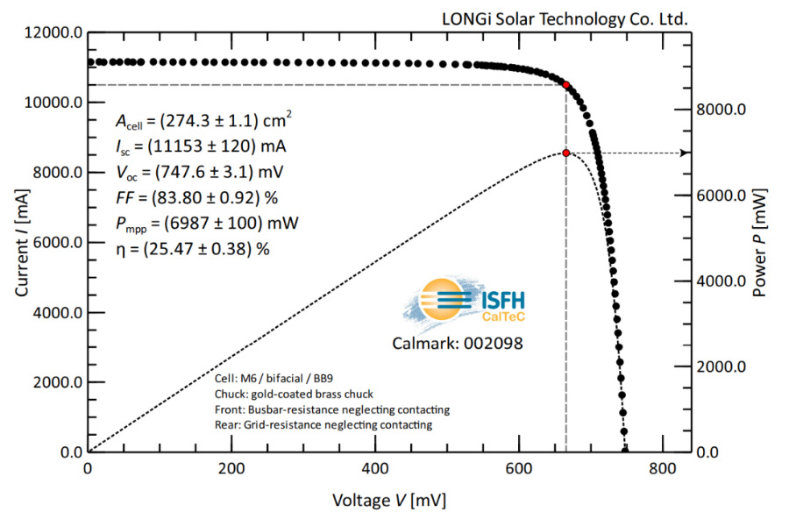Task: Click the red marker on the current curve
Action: tap(566, 85)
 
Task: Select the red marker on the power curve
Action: tap(566, 153)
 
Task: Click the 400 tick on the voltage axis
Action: tap(375, 469)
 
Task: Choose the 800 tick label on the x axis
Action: tap(663, 469)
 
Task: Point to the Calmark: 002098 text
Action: tap(457, 343)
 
